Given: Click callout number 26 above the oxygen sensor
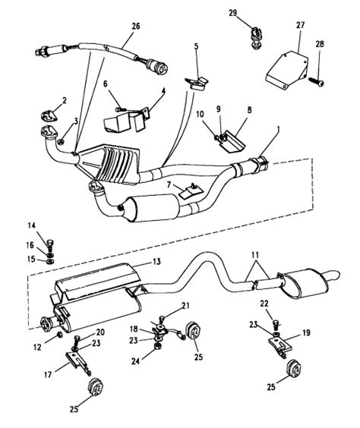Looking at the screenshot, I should tap(135, 27).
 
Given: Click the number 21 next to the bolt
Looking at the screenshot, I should tap(184, 305).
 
